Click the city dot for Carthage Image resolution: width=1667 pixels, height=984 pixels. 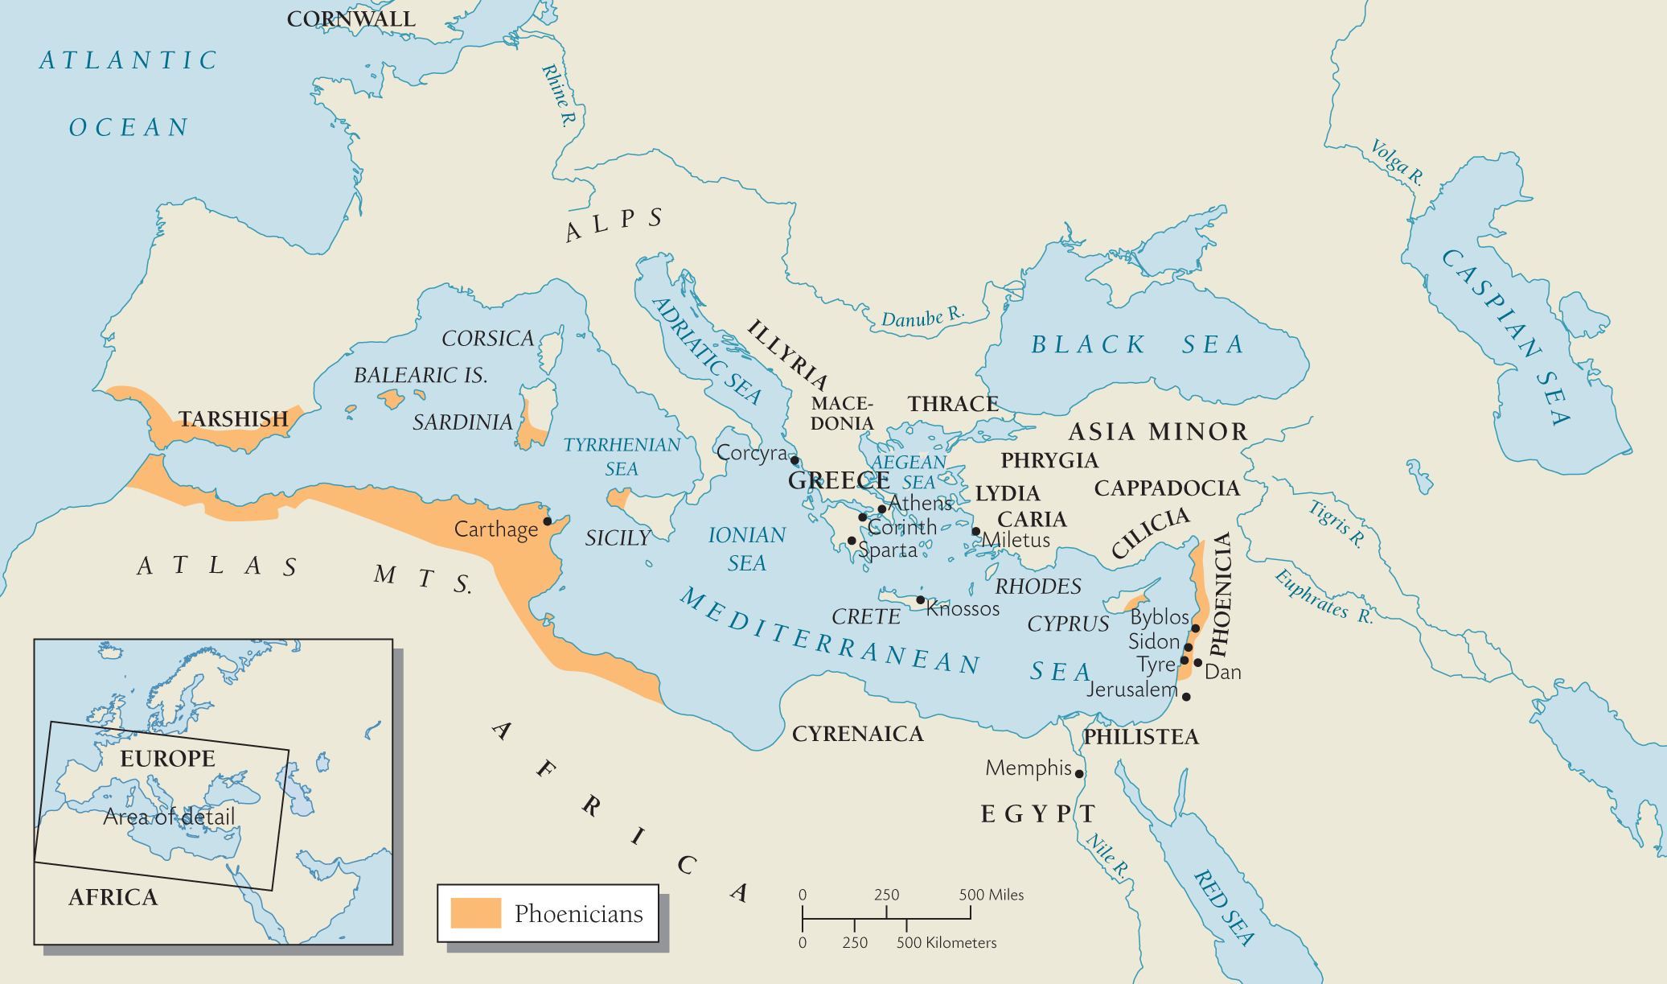point(548,521)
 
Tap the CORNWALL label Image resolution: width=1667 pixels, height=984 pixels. point(351,19)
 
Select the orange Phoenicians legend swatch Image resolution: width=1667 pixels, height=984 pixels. point(475,913)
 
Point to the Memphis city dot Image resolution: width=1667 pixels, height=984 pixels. point(1079,774)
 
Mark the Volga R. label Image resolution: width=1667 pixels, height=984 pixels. point(1397,162)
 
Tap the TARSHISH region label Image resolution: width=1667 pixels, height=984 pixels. point(232,419)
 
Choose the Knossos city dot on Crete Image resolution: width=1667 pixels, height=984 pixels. point(920,600)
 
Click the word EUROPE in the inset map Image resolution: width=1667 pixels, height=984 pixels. point(167,759)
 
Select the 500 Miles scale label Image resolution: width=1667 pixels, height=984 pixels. point(991,895)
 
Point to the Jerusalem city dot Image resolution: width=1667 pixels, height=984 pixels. point(1186,697)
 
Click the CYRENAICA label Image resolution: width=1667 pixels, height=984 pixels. point(857,734)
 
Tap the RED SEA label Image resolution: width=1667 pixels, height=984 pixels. point(1223,908)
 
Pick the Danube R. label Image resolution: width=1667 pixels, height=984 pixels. point(922,317)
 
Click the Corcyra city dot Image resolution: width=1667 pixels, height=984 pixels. point(794,461)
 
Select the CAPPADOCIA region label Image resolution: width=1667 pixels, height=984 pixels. point(1167,488)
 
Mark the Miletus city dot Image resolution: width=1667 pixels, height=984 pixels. point(975,532)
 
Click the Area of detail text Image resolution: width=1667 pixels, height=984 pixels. point(169,817)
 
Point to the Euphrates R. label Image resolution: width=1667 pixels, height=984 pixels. point(1323,596)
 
